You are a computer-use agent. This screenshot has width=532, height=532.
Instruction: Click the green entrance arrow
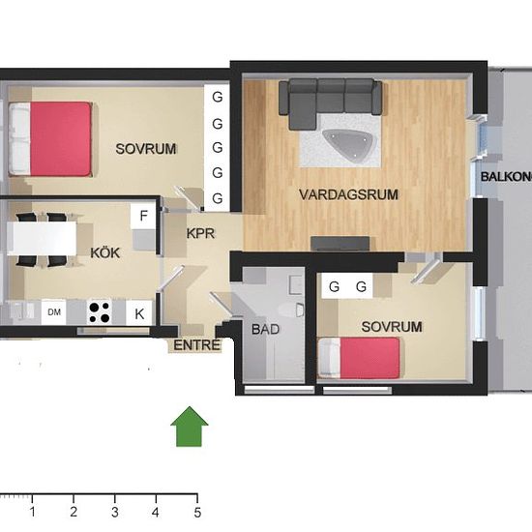[x=190, y=428]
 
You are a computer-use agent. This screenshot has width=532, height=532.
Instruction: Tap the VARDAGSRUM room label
[x=348, y=194]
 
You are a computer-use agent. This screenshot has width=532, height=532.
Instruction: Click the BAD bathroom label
[x=265, y=329]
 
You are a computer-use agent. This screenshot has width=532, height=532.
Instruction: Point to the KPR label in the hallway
[x=200, y=233]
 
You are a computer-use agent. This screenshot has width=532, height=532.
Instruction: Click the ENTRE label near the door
[x=197, y=345]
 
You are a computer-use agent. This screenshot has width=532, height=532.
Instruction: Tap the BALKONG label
[x=506, y=176]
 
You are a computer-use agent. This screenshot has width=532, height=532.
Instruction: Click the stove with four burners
[x=99, y=311]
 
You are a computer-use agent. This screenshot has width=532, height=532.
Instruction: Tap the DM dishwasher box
[x=55, y=311]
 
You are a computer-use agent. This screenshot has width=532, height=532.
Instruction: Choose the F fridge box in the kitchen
[x=144, y=215]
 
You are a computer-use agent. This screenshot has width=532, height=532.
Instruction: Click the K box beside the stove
[x=139, y=312]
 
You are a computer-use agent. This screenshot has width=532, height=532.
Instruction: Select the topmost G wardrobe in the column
[x=218, y=98]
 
